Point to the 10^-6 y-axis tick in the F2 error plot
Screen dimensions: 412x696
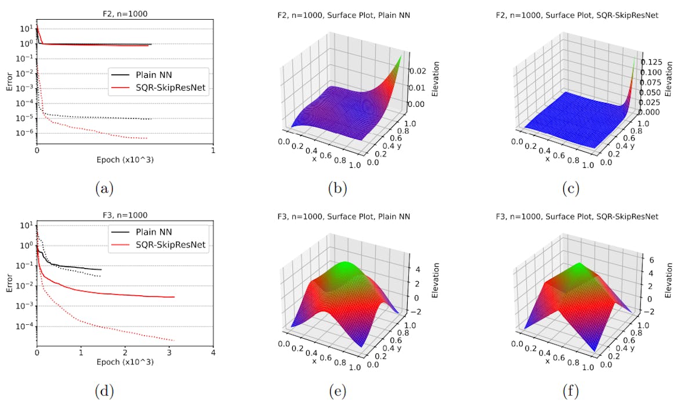24,134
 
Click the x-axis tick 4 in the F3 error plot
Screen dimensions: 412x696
213,352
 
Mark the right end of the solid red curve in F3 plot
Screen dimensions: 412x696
174,297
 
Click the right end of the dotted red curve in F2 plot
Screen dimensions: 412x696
147,138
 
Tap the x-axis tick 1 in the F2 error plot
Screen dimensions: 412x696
213,149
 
